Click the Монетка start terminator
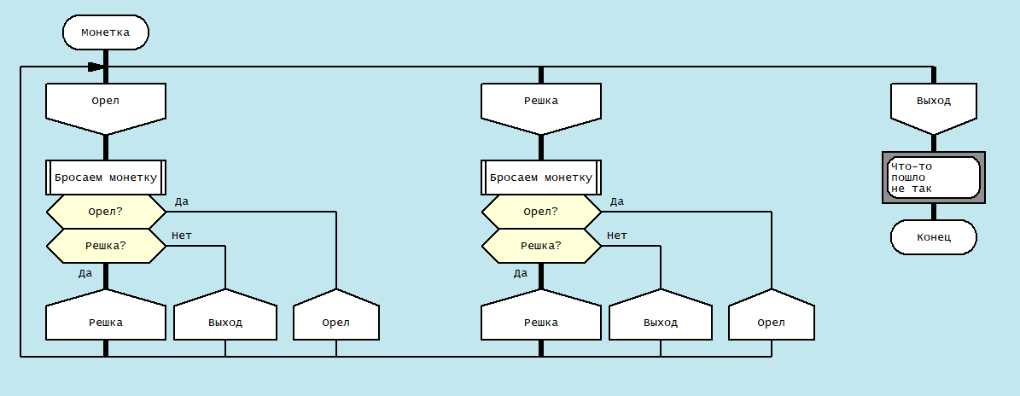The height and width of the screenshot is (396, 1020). coord(106,33)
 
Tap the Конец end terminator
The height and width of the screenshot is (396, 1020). coord(934,237)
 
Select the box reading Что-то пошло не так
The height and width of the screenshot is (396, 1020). coord(934,177)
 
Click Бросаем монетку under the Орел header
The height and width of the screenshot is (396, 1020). coord(106,178)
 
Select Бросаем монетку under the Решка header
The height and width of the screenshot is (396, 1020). coord(541,178)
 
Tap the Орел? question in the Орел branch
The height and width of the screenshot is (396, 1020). coord(106,212)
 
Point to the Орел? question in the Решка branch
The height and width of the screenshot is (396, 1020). coord(541,212)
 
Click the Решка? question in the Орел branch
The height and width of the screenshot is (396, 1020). coord(106,246)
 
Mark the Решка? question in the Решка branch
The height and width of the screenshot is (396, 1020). coord(541,246)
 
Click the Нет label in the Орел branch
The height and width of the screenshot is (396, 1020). coord(182,236)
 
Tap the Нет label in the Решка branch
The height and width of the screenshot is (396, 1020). coord(617,236)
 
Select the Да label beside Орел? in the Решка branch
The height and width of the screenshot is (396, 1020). coord(617,201)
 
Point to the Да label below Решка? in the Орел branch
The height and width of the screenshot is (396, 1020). coord(85,273)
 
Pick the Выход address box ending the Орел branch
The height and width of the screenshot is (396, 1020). coord(225,322)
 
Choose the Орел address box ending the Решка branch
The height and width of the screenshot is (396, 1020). coord(772,322)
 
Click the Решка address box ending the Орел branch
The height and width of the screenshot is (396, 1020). coord(106,322)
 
